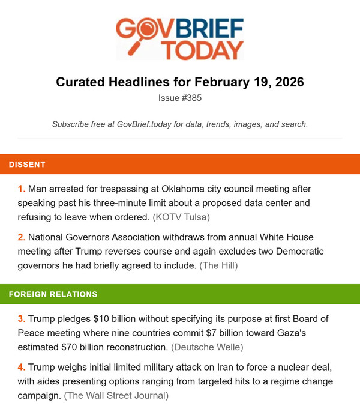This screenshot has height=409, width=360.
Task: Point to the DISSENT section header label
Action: coord(27,164)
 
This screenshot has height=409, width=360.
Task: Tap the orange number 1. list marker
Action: coord(22,189)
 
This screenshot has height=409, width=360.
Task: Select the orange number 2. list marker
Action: coord(22,237)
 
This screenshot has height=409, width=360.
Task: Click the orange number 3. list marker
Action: coord(22,318)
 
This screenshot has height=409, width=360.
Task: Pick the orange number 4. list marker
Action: coord(22,367)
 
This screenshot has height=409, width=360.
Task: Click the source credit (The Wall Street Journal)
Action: coord(116,396)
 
